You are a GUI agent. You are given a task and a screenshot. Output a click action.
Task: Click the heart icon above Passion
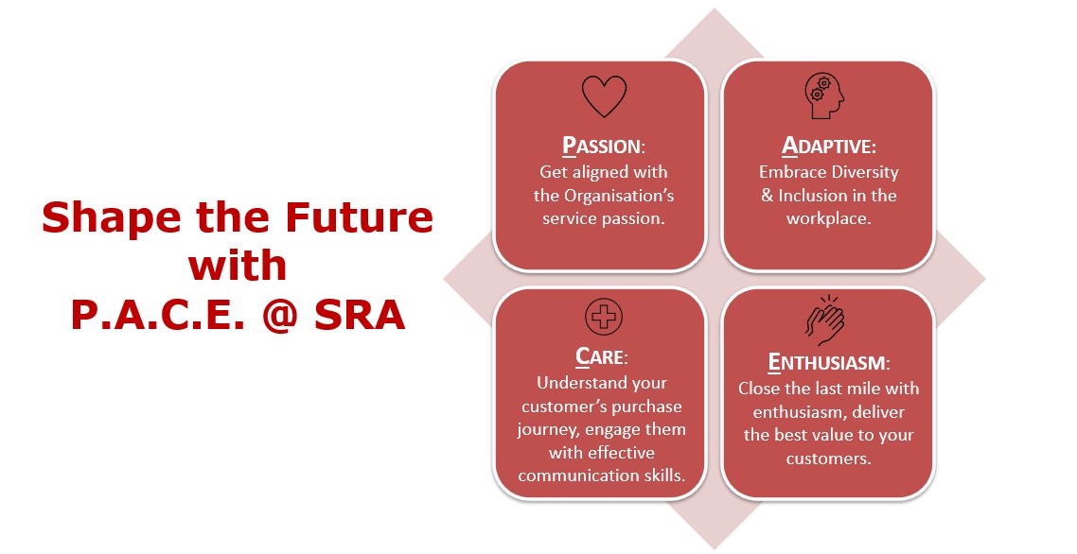click(604, 96)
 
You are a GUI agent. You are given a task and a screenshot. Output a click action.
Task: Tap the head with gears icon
click(824, 96)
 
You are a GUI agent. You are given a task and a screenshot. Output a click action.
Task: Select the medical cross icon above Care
click(604, 317)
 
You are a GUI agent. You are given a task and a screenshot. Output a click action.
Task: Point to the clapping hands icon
click(825, 320)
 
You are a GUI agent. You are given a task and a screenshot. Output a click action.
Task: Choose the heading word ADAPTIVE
click(829, 147)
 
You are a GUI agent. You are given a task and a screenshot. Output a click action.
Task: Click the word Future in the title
click(360, 217)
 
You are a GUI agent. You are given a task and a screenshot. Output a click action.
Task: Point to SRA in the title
click(360, 315)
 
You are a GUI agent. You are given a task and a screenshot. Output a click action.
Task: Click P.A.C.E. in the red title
click(157, 315)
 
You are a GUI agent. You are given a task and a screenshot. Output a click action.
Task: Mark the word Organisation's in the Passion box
click(619, 197)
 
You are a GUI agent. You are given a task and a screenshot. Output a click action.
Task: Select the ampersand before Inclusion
click(768, 196)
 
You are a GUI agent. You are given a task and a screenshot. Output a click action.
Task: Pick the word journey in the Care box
click(543, 430)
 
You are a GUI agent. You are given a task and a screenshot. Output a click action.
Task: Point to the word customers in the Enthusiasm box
click(829, 459)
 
